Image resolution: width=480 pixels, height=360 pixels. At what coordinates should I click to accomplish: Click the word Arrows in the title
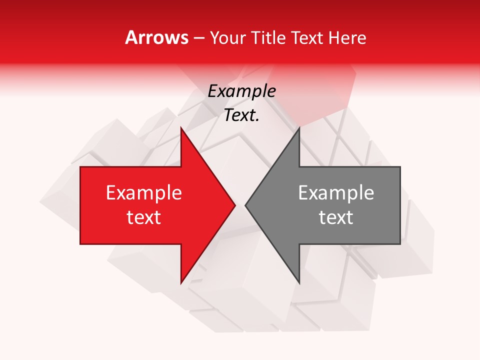click(157, 37)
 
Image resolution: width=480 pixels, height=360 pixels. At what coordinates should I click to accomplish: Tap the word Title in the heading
click(268, 38)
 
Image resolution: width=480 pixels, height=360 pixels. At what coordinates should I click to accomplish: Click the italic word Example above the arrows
click(242, 91)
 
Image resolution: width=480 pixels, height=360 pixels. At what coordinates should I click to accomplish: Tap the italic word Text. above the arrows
click(242, 115)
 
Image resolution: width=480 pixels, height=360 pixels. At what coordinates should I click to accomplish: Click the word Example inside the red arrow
click(144, 193)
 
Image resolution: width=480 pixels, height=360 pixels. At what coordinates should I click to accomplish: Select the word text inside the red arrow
click(144, 217)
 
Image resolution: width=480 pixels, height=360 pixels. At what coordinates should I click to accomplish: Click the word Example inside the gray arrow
click(336, 193)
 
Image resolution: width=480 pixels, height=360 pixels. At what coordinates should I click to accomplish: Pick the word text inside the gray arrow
click(336, 217)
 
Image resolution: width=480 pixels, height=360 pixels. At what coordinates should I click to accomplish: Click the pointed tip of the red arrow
click(235, 205)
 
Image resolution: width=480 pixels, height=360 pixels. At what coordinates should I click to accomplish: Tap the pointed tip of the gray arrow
click(245, 205)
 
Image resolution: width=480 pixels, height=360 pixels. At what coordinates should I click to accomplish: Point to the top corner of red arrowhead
click(181, 127)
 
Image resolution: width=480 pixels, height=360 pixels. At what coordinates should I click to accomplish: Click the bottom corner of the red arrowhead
click(181, 283)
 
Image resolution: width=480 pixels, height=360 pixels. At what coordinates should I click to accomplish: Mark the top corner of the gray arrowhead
click(299, 127)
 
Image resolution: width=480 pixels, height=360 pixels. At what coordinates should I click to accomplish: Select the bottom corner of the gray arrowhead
click(299, 283)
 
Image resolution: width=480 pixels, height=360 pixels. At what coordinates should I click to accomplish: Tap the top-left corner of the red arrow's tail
click(80, 167)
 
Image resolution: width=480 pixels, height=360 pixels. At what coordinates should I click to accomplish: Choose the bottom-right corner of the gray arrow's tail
click(400, 244)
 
